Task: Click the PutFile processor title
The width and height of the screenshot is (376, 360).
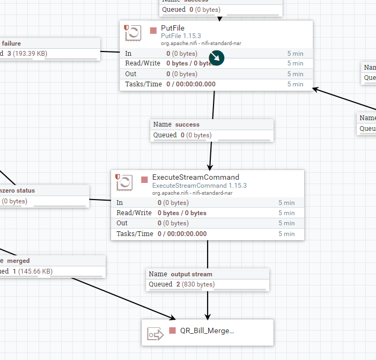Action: [173, 28]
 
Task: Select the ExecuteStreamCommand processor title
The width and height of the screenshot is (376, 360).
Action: [195, 177]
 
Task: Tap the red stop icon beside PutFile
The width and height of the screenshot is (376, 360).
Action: [153, 30]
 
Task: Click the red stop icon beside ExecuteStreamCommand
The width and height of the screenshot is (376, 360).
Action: [144, 179]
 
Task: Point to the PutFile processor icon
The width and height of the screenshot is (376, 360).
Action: [133, 33]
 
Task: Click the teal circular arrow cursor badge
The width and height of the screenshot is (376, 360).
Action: [216, 58]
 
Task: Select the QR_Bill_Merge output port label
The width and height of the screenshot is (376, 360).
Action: [207, 331]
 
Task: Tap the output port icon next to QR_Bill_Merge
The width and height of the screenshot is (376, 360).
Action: [156, 334]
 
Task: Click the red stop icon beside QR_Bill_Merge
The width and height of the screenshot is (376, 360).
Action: [173, 331]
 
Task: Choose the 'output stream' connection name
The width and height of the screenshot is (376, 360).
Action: [191, 274]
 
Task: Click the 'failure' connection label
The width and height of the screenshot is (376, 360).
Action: [11, 43]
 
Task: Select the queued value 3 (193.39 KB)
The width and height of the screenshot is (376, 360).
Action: [27, 54]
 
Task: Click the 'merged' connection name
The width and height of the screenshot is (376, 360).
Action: [19, 261]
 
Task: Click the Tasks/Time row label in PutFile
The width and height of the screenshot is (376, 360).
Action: [143, 84]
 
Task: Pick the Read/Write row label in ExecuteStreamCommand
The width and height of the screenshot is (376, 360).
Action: [134, 213]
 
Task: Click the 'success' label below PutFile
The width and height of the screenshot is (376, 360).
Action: [187, 124]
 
